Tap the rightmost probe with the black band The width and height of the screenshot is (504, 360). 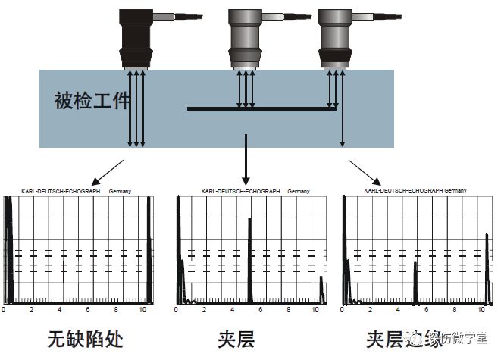coord(334,38)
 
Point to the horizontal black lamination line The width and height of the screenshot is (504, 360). coord(261,109)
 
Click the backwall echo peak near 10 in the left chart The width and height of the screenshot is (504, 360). coord(149,250)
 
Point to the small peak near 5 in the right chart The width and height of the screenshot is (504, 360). coord(415,284)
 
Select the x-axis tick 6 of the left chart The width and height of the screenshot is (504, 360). coord(88,311)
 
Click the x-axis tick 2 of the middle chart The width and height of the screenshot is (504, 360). coord(202,311)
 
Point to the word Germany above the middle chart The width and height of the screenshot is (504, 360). coord(298,192)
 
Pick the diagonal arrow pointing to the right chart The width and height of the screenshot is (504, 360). coord(364,171)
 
